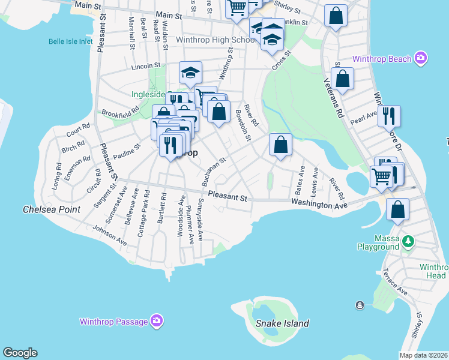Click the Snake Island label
282,323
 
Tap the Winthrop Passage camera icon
157,321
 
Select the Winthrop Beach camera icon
421,58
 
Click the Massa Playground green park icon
409,241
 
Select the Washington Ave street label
319,205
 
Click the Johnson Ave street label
109,236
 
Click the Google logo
20,353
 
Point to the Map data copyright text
423,355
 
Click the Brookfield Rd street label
120,112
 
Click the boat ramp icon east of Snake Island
360,305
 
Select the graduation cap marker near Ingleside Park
190,73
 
